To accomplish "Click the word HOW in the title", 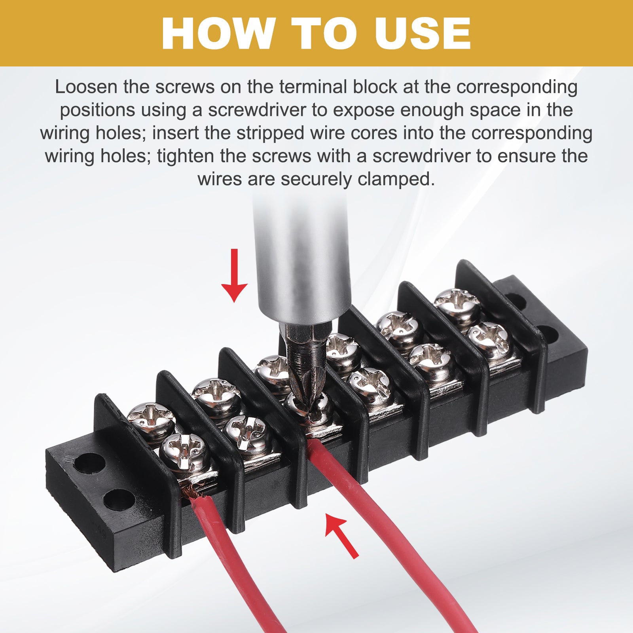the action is click(x=219, y=33).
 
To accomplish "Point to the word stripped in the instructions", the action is click(x=270, y=133).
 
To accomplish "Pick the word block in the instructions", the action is click(x=375, y=87).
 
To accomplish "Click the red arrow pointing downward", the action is click(x=235, y=275).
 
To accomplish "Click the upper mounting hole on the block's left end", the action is click(x=89, y=463).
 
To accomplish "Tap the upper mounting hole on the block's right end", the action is click(x=515, y=301).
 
